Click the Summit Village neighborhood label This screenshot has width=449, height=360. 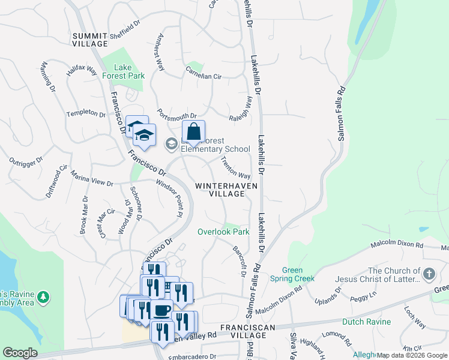click(x=90, y=40)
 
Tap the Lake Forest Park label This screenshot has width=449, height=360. click(x=122, y=71)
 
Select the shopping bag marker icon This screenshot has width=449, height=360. click(x=193, y=132)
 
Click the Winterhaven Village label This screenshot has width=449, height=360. click(x=226, y=190)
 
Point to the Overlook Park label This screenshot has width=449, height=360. click(x=223, y=232)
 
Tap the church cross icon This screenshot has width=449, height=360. click(x=429, y=275)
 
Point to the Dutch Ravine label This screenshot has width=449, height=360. click(x=366, y=322)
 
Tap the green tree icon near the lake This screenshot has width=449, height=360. click(x=43, y=296)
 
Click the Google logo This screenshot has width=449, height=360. click(x=20, y=353)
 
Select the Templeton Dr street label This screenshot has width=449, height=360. click(x=86, y=113)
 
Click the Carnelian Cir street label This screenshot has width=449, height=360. click(x=203, y=77)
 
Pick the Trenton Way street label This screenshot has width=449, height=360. click(x=235, y=167)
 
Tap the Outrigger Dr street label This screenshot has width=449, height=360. click(x=26, y=161)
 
